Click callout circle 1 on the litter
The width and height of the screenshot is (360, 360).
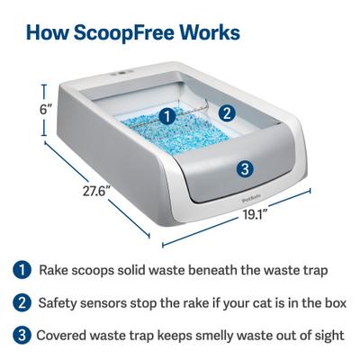pos(166,116)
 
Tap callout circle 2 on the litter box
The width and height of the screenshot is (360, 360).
pos(227,112)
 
